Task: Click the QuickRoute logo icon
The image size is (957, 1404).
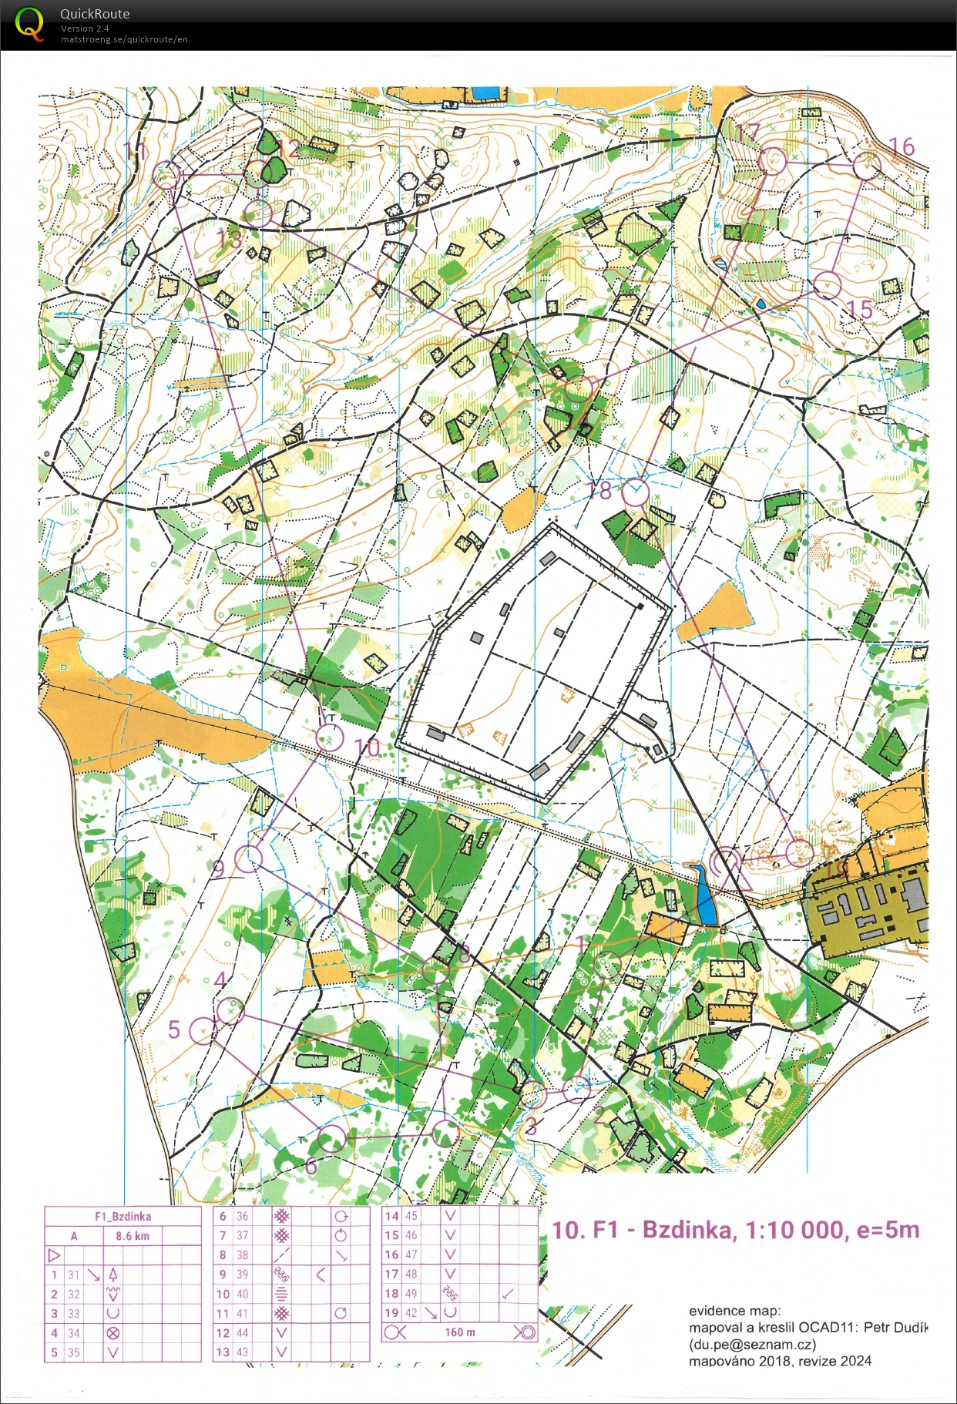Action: (29, 24)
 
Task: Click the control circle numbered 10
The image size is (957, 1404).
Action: (330, 737)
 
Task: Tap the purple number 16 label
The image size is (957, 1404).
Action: (902, 146)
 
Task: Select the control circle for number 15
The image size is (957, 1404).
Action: (827, 284)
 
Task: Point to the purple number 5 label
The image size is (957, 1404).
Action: (174, 1029)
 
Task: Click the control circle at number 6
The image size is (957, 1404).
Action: (331, 1138)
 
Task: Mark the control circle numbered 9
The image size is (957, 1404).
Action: (248, 858)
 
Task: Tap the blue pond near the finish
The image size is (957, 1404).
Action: (704, 896)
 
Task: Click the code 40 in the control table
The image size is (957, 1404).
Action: (243, 1294)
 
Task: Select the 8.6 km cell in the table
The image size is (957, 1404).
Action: (133, 1236)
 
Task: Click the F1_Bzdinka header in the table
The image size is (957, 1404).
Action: (123, 1217)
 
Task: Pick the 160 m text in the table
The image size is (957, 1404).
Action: (459, 1332)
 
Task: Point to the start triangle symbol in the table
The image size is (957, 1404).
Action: (54, 1255)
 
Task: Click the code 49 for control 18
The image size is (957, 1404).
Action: (411, 1294)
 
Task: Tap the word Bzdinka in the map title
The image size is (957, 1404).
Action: (687, 1229)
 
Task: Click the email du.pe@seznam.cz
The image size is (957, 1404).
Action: (752, 1345)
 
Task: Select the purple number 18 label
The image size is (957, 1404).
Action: (599, 490)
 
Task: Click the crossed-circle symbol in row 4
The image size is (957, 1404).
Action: (113, 1333)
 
